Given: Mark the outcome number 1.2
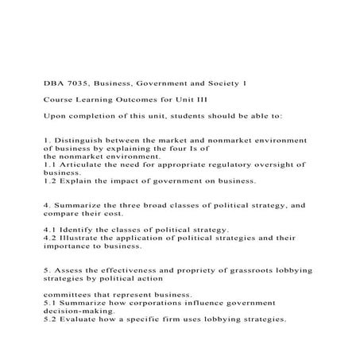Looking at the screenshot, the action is tap(49, 180).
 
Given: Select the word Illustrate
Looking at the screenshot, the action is tap(80, 237).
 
